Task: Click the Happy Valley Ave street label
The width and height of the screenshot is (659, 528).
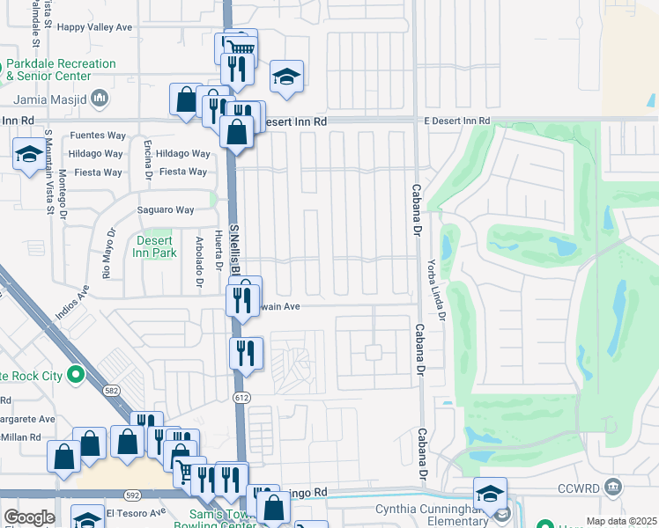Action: click(x=94, y=27)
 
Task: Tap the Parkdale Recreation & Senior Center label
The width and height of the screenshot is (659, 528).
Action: click(x=60, y=70)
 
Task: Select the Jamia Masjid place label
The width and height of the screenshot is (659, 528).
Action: click(x=51, y=97)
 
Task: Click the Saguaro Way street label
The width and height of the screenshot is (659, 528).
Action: click(x=165, y=210)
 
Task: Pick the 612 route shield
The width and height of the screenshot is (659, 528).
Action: click(x=241, y=399)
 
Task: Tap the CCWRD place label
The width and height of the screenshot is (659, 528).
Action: click(x=584, y=487)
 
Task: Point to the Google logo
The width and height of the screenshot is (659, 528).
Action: click(x=28, y=517)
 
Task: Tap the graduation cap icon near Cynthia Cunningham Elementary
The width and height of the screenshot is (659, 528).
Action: click(x=490, y=493)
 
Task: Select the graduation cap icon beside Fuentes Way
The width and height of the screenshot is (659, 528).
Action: click(x=29, y=154)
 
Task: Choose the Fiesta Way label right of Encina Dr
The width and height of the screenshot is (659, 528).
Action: click(x=182, y=172)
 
